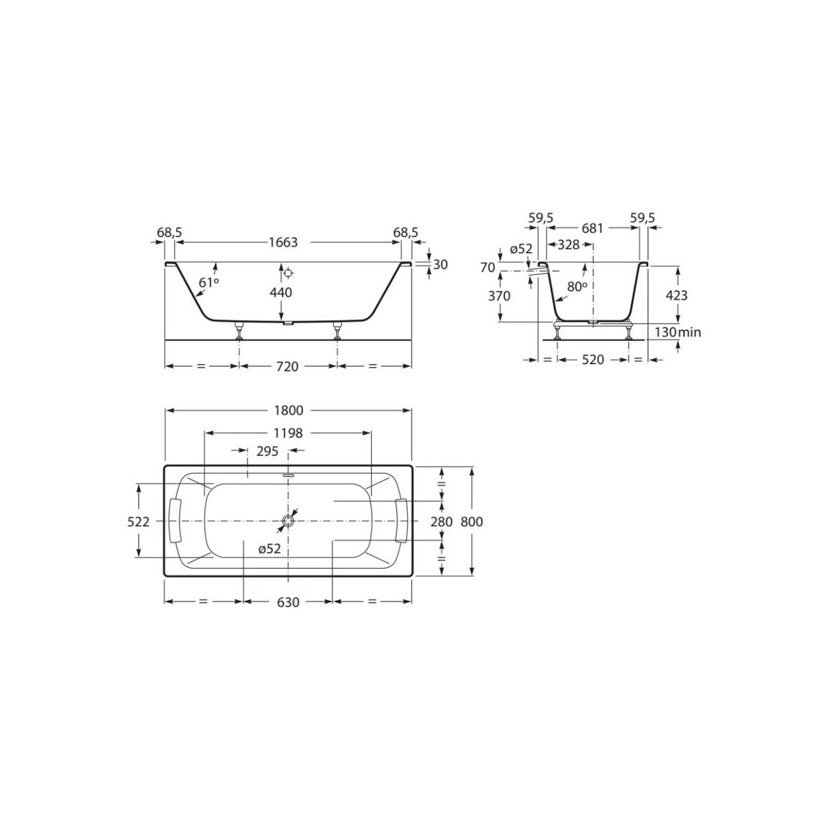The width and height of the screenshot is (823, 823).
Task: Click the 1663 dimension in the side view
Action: (283, 243)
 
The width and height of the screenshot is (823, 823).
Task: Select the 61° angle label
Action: (208, 282)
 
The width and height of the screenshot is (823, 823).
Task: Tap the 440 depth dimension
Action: (281, 293)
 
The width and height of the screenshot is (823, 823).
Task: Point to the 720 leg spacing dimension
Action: (287, 366)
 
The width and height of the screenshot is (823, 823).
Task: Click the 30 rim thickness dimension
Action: (440, 265)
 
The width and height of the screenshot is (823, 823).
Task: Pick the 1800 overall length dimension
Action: (289, 411)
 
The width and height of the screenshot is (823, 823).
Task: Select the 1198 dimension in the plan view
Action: (288, 433)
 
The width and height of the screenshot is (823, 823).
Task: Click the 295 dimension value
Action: (266, 451)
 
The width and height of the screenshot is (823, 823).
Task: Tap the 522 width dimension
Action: (139, 522)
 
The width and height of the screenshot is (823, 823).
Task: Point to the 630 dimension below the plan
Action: (288, 602)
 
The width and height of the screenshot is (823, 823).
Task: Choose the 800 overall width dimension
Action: (472, 522)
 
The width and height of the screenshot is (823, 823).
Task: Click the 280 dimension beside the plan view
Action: (442, 522)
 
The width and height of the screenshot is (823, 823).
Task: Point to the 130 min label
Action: (677, 333)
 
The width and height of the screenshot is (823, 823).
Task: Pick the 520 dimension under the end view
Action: (593, 359)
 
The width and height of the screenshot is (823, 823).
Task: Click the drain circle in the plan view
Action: (287, 523)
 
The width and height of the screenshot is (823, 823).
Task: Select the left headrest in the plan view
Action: (175, 521)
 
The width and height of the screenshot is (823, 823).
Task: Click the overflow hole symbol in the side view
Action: (289, 273)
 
